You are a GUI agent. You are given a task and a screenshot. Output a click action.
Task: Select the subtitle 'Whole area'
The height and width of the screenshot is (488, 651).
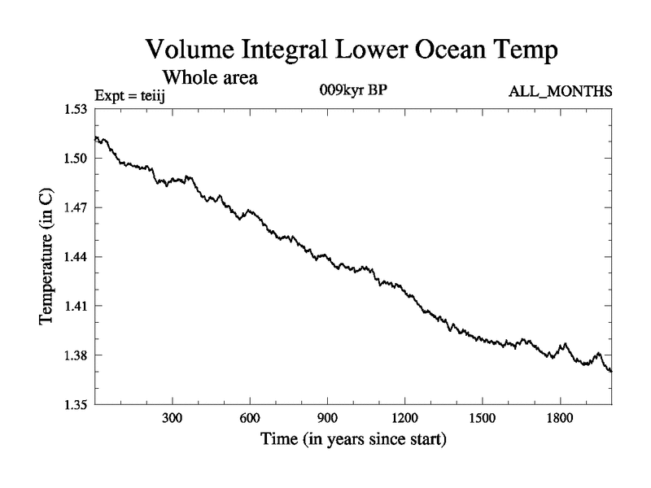(211, 78)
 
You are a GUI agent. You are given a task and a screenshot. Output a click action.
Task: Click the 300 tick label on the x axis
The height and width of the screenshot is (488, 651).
(173, 419)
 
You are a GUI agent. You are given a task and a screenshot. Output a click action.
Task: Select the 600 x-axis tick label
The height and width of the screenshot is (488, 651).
(250, 419)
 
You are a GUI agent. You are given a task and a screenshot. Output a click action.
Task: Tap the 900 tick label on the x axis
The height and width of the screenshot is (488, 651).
(327, 419)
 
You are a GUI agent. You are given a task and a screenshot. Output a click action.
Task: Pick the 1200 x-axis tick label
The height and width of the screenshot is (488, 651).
(404, 419)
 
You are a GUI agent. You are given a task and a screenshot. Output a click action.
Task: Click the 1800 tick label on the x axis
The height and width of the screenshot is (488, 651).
(560, 419)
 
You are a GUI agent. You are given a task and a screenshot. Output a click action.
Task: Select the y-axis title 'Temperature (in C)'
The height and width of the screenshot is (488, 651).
(47, 257)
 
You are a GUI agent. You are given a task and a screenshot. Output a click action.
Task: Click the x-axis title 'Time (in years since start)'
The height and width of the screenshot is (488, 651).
(353, 442)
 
